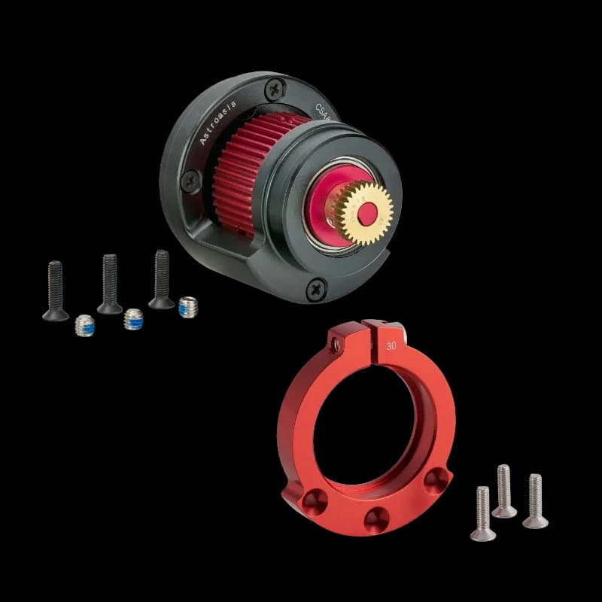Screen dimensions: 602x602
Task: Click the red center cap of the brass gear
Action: click(366, 214)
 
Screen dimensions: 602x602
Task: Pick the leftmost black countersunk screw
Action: click(55, 290)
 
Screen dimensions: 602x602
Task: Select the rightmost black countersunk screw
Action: click(161, 278)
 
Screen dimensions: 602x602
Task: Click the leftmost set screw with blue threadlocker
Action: click(84, 326)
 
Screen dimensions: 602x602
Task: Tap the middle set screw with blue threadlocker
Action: click(134, 320)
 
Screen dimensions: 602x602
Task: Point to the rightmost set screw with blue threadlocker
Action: click(187, 306)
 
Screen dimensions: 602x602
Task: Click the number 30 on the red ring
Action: click(391, 346)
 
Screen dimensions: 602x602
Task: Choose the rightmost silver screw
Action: click(535, 501)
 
